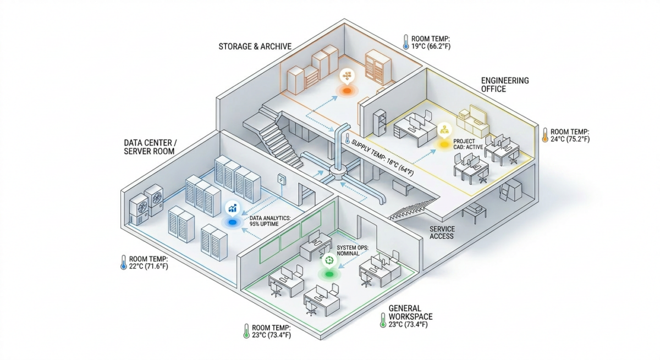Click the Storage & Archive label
point(255,47)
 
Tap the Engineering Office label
point(505,85)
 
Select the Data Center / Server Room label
point(150,147)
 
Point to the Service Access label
point(442,232)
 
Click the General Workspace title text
point(410,313)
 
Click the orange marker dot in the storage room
point(347,91)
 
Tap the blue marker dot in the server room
point(233,222)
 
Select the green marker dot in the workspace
point(329,274)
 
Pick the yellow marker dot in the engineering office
point(444,145)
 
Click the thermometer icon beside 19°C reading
point(406,42)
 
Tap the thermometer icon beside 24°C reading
point(545,135)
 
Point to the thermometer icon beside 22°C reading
point(124,262)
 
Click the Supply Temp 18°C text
point(383,158)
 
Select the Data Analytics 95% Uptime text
point(270,221)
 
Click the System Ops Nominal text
point(353,251)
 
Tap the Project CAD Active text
point(468,144)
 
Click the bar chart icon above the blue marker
point(233,208)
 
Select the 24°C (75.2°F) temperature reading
point(570,139)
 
